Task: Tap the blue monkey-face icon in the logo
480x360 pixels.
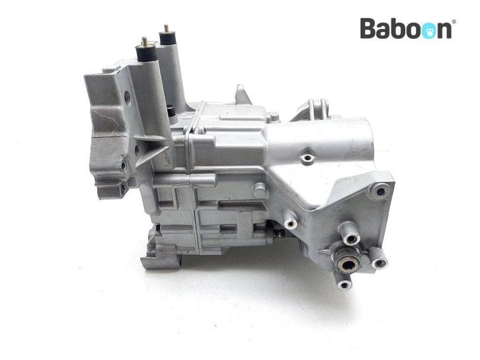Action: coord(427,31)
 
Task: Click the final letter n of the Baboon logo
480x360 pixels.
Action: coord(444,31)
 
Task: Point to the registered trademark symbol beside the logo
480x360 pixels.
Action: coord(454,21)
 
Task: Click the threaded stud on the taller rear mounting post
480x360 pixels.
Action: coord(166,29)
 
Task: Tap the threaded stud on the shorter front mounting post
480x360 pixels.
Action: coord(144,42)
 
